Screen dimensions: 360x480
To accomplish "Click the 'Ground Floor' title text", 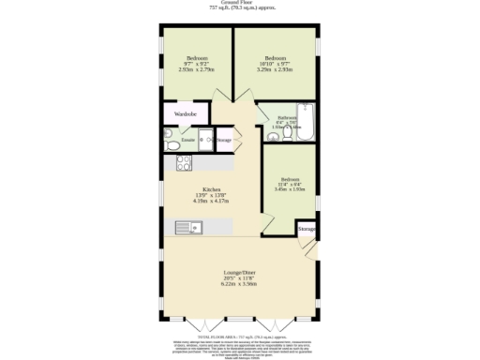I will pos(239,3).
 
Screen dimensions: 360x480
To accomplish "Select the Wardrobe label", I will pos(185,114).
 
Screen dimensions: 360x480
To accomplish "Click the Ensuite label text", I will pos(187,141).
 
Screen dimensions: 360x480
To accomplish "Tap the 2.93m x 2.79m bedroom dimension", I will pos(197,68).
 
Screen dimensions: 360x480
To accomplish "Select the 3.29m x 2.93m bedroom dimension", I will pos(275,68).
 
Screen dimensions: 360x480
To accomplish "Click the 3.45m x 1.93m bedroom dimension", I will pos(291,190).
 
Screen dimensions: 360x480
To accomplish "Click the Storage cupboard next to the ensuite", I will pos(223,141).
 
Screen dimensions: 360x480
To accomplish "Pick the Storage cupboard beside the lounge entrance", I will pos(306,229).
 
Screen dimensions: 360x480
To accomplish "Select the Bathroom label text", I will pos(287,117).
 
